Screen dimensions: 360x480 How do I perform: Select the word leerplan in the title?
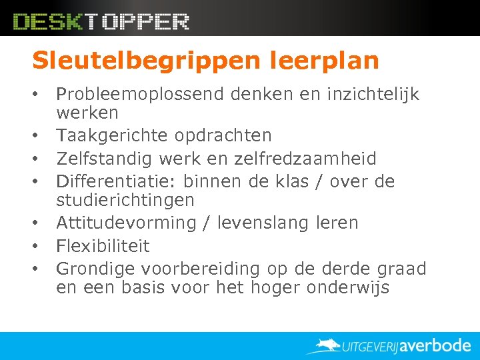tap(325, 61)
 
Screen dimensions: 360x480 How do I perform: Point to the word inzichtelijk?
tap(373, 95)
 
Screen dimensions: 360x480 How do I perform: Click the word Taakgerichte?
tap(113, 135)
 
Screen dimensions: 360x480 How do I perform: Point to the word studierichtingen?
tap(125, 199)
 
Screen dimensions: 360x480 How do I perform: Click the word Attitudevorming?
tap(126, 223)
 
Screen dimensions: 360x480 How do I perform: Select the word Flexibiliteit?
tap(103, 246)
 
